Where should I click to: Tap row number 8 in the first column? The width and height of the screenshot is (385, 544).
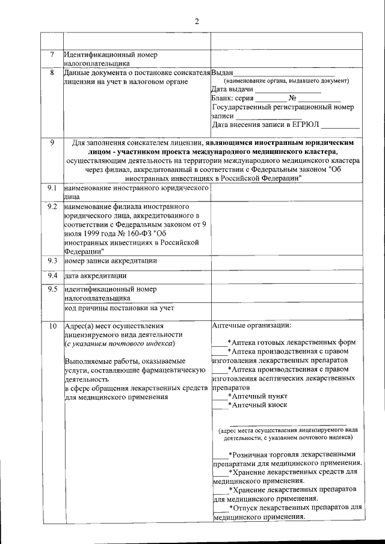[52, 73]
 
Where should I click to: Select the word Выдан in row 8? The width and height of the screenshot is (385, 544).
[223, 73]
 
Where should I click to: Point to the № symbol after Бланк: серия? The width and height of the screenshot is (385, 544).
[292, 98]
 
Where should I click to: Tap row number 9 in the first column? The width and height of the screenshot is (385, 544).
[52, 143]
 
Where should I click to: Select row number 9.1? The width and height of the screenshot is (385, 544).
[52, 189]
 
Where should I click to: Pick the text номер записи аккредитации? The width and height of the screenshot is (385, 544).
[111, 261]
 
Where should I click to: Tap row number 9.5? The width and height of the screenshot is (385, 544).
[52, 289]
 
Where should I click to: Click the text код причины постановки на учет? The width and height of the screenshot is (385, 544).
[119, 308]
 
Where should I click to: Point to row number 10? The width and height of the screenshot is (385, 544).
[52, 326]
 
